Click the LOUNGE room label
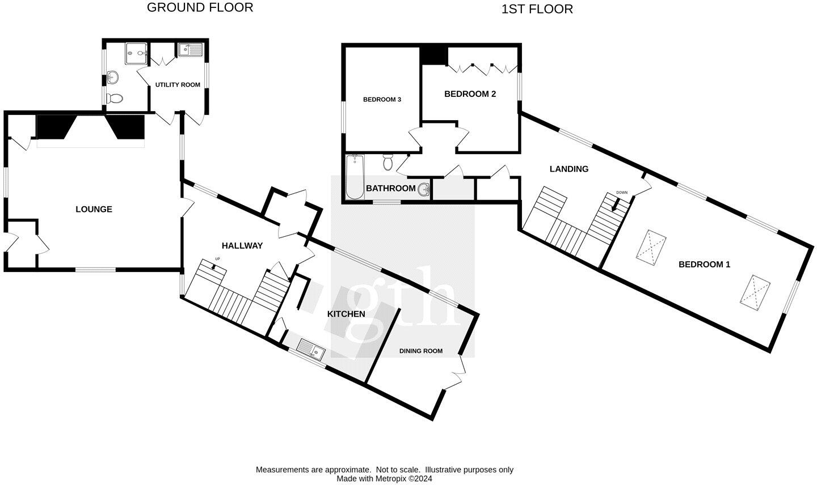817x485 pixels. click(94, 209)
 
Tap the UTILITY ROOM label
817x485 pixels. click(178, 85)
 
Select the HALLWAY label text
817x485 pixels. click(242, 246)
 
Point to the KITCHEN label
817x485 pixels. click(346, 314)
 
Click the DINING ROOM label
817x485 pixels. click(421, 351)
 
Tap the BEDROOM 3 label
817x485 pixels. click(382, 99)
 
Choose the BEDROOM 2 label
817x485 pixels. click(470, 94)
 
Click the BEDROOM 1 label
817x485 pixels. click(704, 265)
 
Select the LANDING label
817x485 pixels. click(569, 169)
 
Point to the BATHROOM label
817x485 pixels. click(390, 188)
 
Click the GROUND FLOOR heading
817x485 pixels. click(200, 7)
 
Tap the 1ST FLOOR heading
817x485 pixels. click(537, 9)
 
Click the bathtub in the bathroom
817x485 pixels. click(355, 177)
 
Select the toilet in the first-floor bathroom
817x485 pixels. click(388, 162)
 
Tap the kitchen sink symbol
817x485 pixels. click(311, 349)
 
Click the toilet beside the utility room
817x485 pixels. click(115, 98)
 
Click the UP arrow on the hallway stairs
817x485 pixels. click(213, 267)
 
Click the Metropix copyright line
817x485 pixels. click(384, 478)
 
